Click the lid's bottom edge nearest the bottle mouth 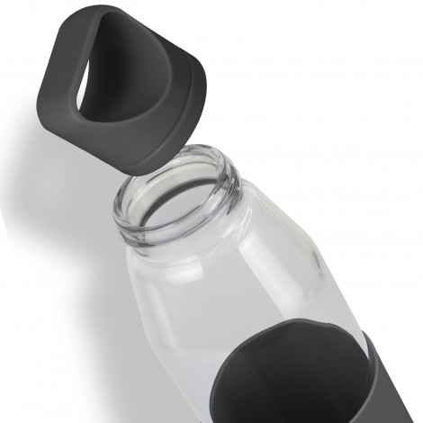[157, 163]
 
